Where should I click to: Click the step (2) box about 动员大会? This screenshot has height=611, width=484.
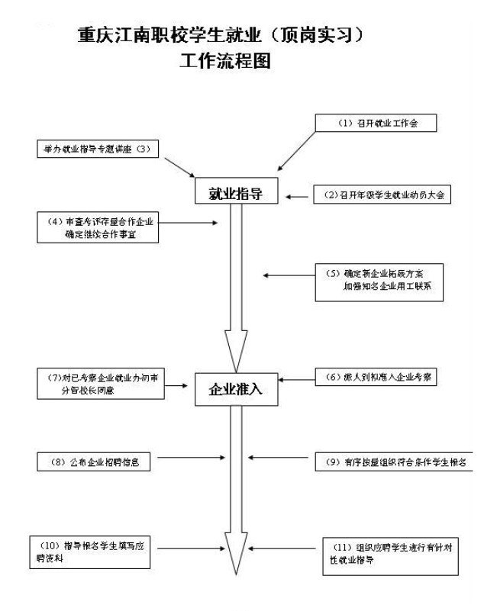382,195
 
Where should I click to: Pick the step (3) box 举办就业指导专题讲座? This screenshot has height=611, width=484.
96,150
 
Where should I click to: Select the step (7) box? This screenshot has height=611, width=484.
100,383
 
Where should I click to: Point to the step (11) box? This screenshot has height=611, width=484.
390,557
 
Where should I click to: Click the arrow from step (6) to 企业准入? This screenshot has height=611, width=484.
297,378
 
